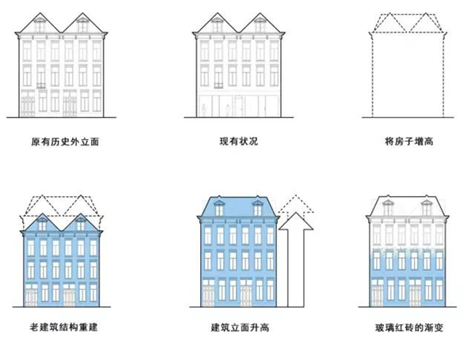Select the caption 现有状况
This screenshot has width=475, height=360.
[x=240, y=142]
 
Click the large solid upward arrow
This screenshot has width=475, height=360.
[x=294, y=261]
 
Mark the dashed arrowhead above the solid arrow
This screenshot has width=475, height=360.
[x=294, y=204]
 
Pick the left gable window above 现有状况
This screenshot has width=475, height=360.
[x=217, y=27]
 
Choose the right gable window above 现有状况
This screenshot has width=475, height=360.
[x=259, y=27]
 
